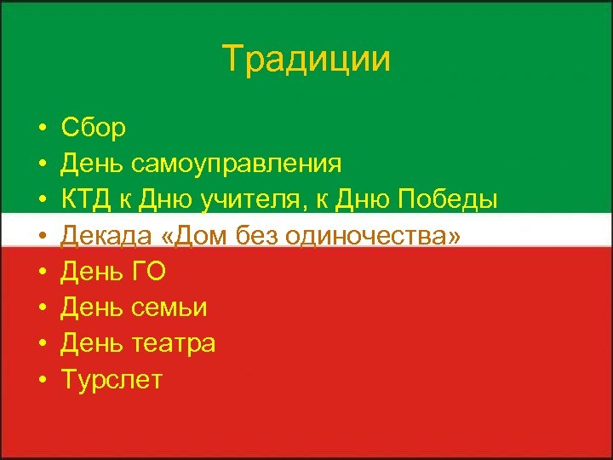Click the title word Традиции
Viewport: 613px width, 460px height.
tap(306, 60)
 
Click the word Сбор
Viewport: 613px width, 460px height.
tap(94, 128)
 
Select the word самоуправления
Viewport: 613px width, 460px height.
tap(238, 164)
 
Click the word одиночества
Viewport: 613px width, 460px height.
tap(375, 236)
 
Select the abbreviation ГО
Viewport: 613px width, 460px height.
tap(148, 272)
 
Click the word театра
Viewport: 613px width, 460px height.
tap(174, 343)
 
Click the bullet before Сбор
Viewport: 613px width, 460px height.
tap(41, 129)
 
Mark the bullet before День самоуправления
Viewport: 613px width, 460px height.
tap(41, 164)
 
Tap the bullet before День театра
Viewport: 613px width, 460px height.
tap(41, 344)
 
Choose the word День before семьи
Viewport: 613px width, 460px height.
tap(94, 308)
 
